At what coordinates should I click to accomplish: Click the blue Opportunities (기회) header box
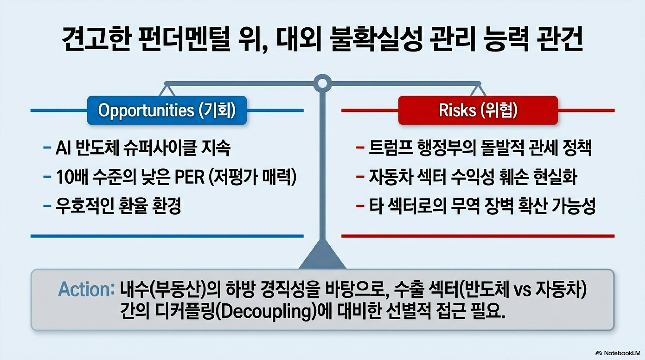point(167,110)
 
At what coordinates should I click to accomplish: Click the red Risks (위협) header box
point(478,110)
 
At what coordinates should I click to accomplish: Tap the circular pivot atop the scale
point(322,83)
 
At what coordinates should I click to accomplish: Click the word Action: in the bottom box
point(87,289)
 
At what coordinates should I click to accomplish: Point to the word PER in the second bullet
point(189,177)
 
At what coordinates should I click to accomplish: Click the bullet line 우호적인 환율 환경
point(118,206)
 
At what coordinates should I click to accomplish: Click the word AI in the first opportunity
point(63,148)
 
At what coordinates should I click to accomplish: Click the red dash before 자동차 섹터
point(360,177)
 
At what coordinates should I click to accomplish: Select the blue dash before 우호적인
point(47,206)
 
